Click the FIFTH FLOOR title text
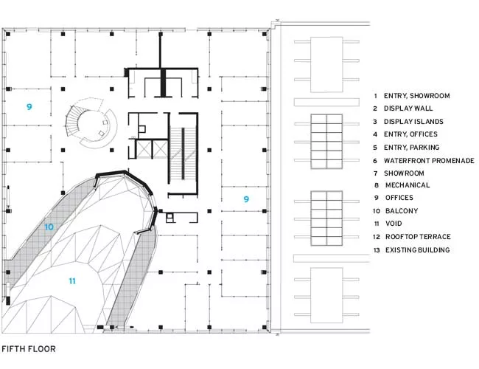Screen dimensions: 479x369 point(29,349)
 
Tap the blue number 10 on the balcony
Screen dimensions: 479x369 point(49,227)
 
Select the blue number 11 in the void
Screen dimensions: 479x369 point(72,281)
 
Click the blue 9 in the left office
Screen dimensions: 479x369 point(29,107)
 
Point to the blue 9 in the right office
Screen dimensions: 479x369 point(246,199)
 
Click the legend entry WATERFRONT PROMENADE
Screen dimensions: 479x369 point(429,161)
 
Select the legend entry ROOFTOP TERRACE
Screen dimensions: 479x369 point(418,236)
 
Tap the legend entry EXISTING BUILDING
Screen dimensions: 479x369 point(417,250)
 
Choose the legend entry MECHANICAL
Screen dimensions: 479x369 point(408,185)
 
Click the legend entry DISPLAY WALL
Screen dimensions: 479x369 point(408,108)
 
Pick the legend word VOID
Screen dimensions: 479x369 point(394,224)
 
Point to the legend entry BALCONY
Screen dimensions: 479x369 point(402,211)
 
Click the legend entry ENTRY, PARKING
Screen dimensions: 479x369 point(411,148)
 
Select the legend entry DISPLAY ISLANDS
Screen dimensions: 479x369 point(413,122)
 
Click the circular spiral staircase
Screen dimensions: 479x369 point(91,123)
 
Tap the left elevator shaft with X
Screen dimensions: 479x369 point(144,149)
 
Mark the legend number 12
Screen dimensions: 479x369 point(377,237)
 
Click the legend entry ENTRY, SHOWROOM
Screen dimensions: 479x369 point(416,96)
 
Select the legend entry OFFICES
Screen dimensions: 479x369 point(399,198)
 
